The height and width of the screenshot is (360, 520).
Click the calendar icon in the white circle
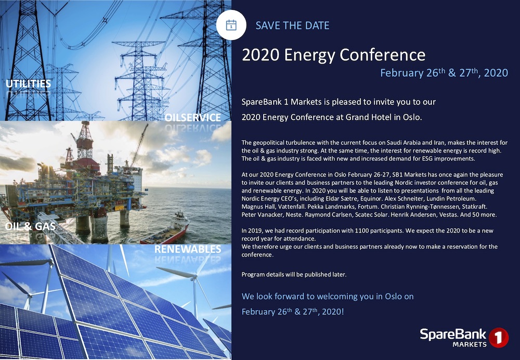pos(231,25)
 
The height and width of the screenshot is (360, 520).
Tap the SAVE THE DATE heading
pos(292,25)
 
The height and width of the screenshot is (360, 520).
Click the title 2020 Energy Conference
pos(333,55)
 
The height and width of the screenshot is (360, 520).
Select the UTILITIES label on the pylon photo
pos(28,84)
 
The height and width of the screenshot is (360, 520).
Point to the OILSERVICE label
pos(192,118)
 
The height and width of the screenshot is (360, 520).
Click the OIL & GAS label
pos(30,226)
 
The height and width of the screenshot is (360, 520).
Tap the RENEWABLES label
pos(188,250)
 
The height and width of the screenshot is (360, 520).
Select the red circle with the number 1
pos(498,338)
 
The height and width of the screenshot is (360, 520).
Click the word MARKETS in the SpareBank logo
pos(470,344)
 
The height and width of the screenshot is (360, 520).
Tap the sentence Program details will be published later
pos(294,274)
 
